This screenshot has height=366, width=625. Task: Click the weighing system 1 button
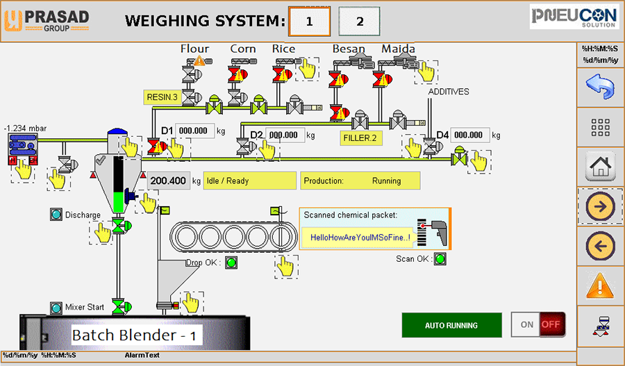(x=309, y=22)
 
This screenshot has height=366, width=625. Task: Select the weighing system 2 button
(x=359, y=22)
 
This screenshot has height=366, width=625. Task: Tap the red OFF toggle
(x=551, y=324)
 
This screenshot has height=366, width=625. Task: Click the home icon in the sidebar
(x=601, y=167)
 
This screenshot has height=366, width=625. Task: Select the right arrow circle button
(x=601, y=206)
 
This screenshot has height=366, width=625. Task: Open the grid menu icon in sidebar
(x=601, y=128)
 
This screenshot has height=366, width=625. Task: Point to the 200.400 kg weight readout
(x=169, y=181)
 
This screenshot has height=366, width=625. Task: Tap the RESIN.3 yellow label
(x=162, y=97)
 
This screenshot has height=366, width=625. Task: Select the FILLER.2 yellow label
(x=359, y=138)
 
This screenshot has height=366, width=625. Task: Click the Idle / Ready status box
(x=249, y=181)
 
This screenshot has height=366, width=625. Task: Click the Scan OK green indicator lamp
(x=440, y=259)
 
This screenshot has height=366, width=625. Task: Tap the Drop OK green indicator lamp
(x=231, y=263)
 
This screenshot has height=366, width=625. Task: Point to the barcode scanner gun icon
(x=435, y=231)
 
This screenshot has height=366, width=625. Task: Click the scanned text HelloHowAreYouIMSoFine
(x=359, y=238)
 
